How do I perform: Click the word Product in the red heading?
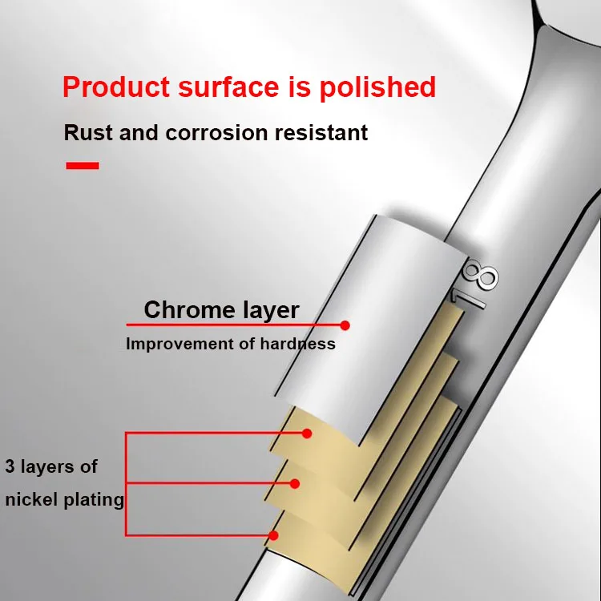point(114,87)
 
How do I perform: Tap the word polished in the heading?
point(378,87)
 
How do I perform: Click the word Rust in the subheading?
point(88,132)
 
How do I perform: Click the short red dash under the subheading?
point(82,166)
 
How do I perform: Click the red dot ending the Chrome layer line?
point(345,325)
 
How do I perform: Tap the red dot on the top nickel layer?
point(306,434)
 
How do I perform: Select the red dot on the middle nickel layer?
point(295,484)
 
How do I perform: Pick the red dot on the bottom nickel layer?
point(274,534)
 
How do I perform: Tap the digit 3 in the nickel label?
point(10,467)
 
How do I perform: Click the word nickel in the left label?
point(29,500)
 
